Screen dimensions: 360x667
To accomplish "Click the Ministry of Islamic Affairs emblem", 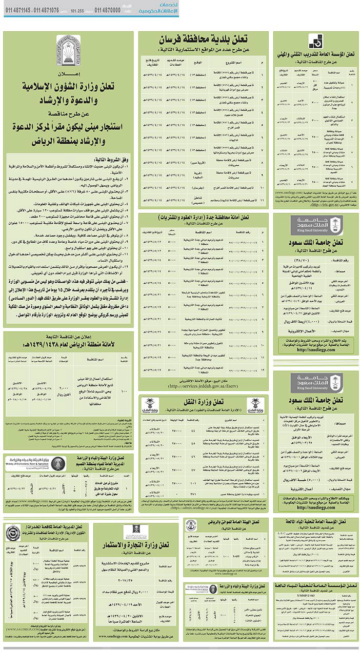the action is coord(68,50).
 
